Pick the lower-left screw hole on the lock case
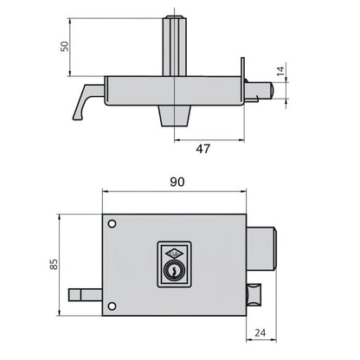(x=110, y=304)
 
